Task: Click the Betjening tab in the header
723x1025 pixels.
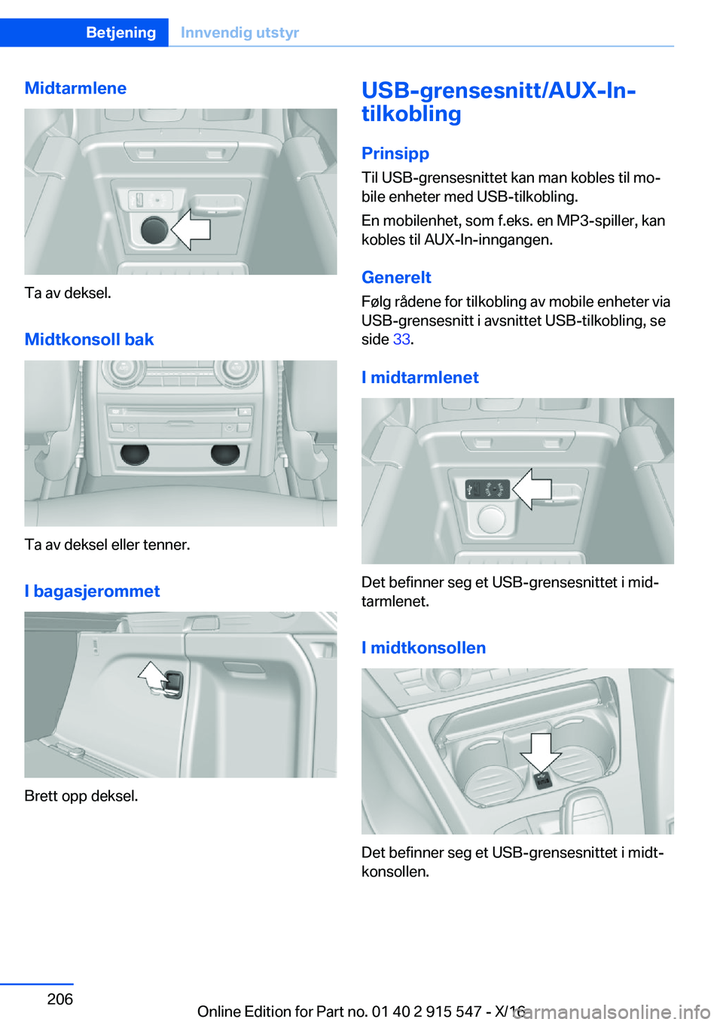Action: [x=120, y=32]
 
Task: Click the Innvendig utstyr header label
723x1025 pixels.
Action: [x=239, y=32]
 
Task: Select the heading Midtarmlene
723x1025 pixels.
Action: [x=75, y=88]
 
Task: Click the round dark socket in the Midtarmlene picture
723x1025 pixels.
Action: [x=154, y=230]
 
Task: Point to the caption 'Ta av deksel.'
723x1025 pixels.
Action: [x=68, y=293]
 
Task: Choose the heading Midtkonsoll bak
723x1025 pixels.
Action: [x=89, y=339]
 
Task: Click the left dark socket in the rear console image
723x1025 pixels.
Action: [x=135, y=453]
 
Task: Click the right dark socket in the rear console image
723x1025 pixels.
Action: [x=225, y=453]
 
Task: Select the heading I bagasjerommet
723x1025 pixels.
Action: [x=92, y=591]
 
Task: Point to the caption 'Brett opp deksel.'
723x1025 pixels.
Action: [x=81, y=795]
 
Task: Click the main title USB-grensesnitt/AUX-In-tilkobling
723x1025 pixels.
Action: [x=498, y=102]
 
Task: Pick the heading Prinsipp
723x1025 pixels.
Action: [x=395, y=153]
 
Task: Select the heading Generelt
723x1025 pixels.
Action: [x=396, y=277]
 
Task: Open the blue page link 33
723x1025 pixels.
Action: [x=401, y=339]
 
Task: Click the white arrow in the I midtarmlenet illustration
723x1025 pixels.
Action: [x=533, y=489]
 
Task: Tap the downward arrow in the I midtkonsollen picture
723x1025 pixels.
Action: [x=541, y=751]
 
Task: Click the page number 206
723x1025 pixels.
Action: [x=60, y=999]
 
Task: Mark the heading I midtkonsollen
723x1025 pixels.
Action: [x=423, y=647]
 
